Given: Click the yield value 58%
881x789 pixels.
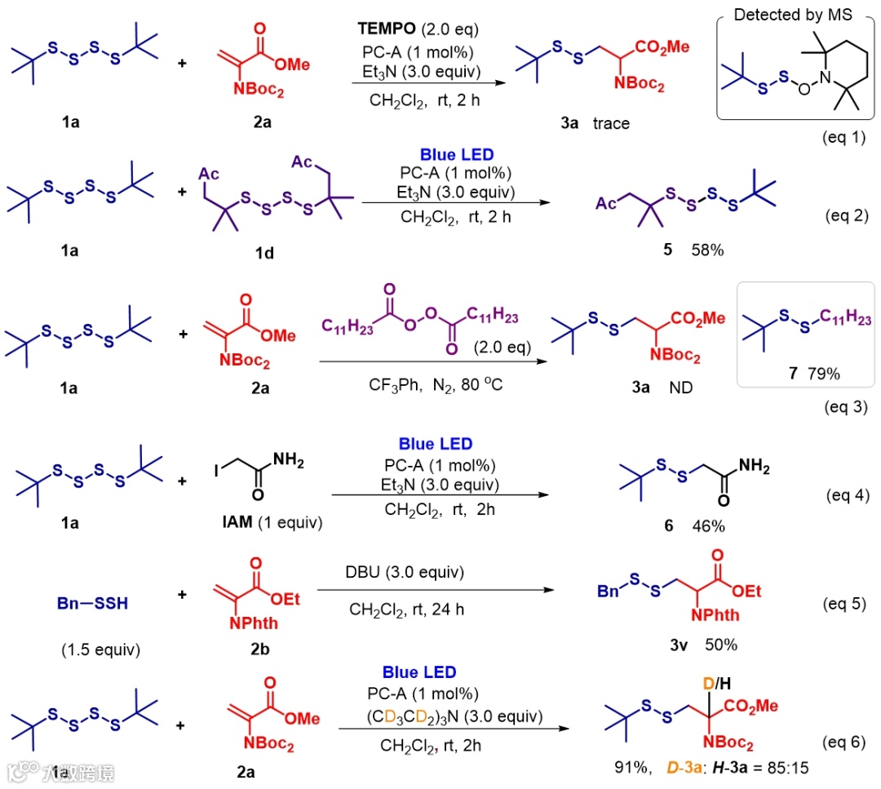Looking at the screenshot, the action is [706, 250].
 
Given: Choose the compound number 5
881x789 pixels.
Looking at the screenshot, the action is [668, 250].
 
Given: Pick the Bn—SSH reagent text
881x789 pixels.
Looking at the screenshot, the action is [91, 605].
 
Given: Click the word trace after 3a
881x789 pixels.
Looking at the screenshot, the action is [612, 123].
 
